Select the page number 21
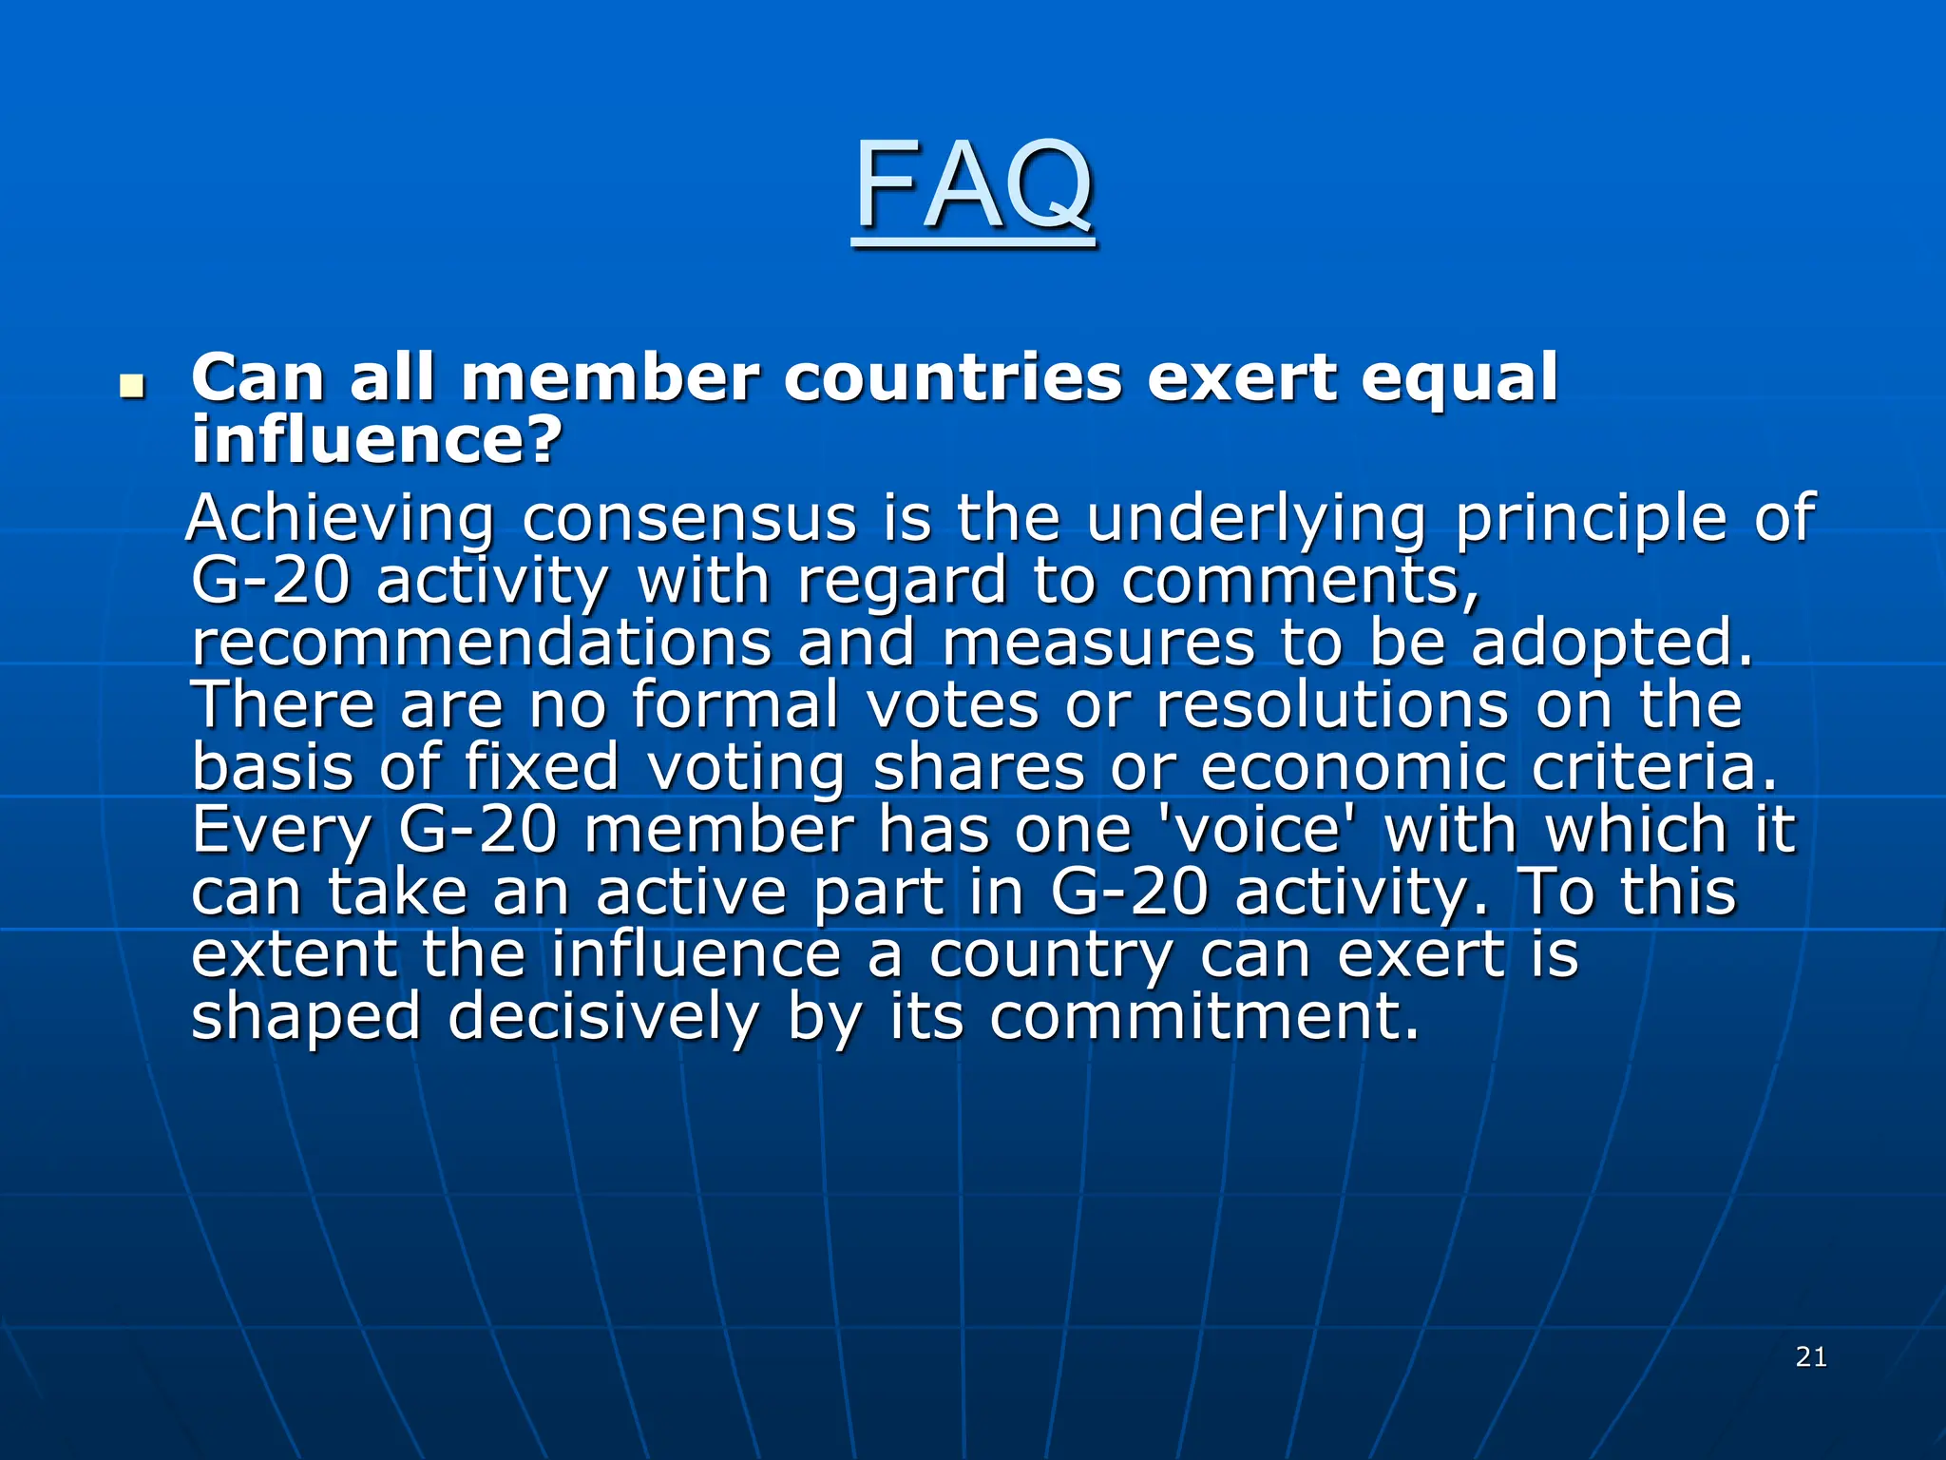coord(1811,1356)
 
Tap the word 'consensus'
coord(689,519)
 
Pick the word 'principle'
coord(1592,521)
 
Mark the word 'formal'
coord(735,705)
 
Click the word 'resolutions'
coord(1331,705)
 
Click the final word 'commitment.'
coord(1205,1018)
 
